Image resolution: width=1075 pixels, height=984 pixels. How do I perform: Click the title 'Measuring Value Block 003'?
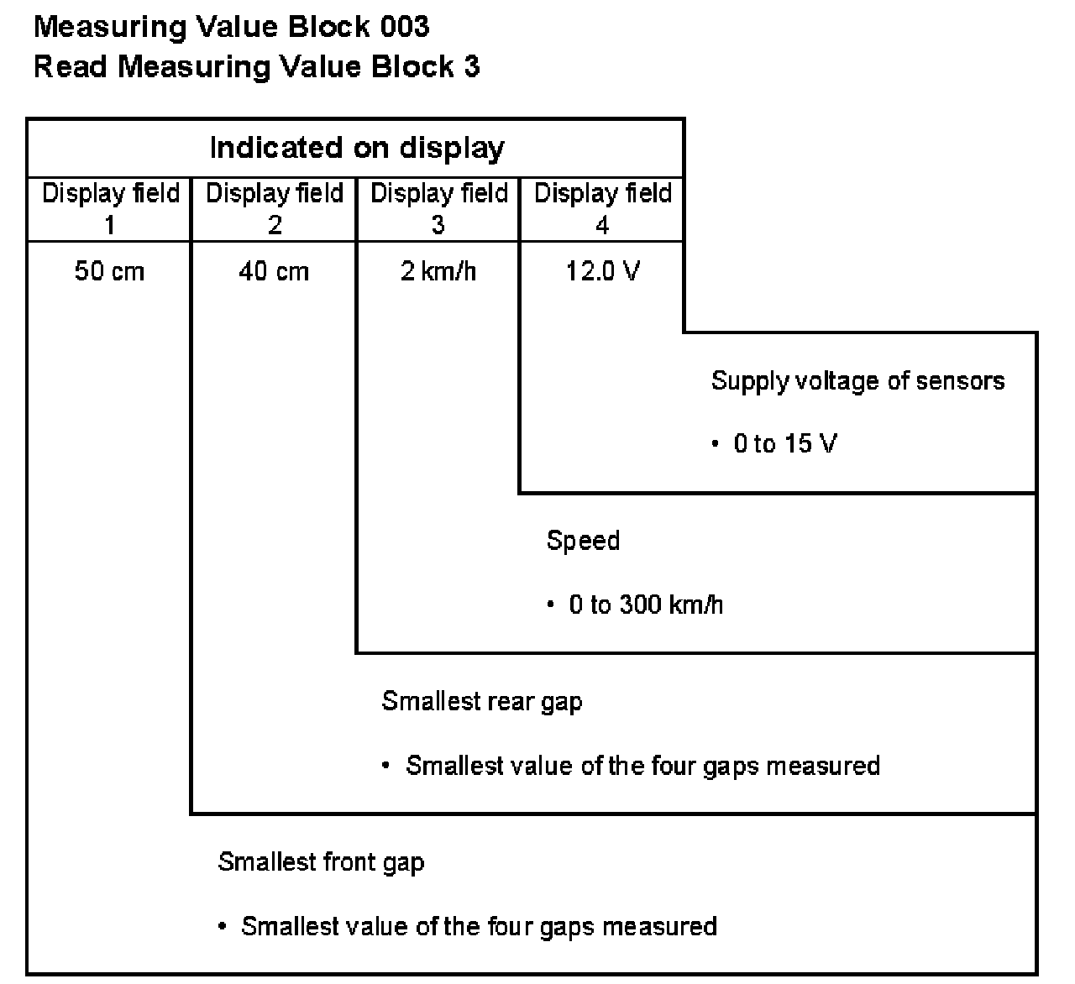[x=231, y=27]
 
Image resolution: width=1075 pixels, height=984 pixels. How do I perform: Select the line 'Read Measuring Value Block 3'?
[x=256, y=67]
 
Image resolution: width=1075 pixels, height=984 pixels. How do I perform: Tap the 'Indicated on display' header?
[x=357, y=149]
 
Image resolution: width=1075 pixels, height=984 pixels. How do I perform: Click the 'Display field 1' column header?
[x=110, y=208]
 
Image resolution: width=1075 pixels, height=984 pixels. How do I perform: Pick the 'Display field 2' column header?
[x=275, y=208]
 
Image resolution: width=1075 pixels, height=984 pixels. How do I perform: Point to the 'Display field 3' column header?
[x=438, y=208]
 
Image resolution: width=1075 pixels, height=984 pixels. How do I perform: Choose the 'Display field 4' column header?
[x=603, y=208]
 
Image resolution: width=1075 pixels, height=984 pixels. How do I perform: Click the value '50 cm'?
[x=109, y=272]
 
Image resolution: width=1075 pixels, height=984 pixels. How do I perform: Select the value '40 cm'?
[x=274, y=272]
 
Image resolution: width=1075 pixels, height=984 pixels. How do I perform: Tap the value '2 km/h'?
[x=438, y=272]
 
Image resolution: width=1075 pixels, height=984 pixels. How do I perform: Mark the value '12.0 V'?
[x=602, y=272]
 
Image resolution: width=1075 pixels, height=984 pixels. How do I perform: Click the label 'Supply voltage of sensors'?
[x=857, y=381]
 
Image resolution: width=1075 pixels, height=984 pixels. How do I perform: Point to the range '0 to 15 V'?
[x=785, y=444]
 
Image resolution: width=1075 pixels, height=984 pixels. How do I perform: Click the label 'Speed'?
[x=583, y=541]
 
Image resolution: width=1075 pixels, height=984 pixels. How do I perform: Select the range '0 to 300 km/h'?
[x=646, y=605]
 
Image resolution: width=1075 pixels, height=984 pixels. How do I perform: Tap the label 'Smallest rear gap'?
[x=481, y=702]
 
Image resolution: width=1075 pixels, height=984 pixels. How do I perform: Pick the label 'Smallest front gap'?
[x=321, y=862]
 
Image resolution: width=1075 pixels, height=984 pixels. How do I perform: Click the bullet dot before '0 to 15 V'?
[x=716, y=444]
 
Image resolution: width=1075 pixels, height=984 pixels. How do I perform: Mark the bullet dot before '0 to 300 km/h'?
[x=551, y=605]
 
